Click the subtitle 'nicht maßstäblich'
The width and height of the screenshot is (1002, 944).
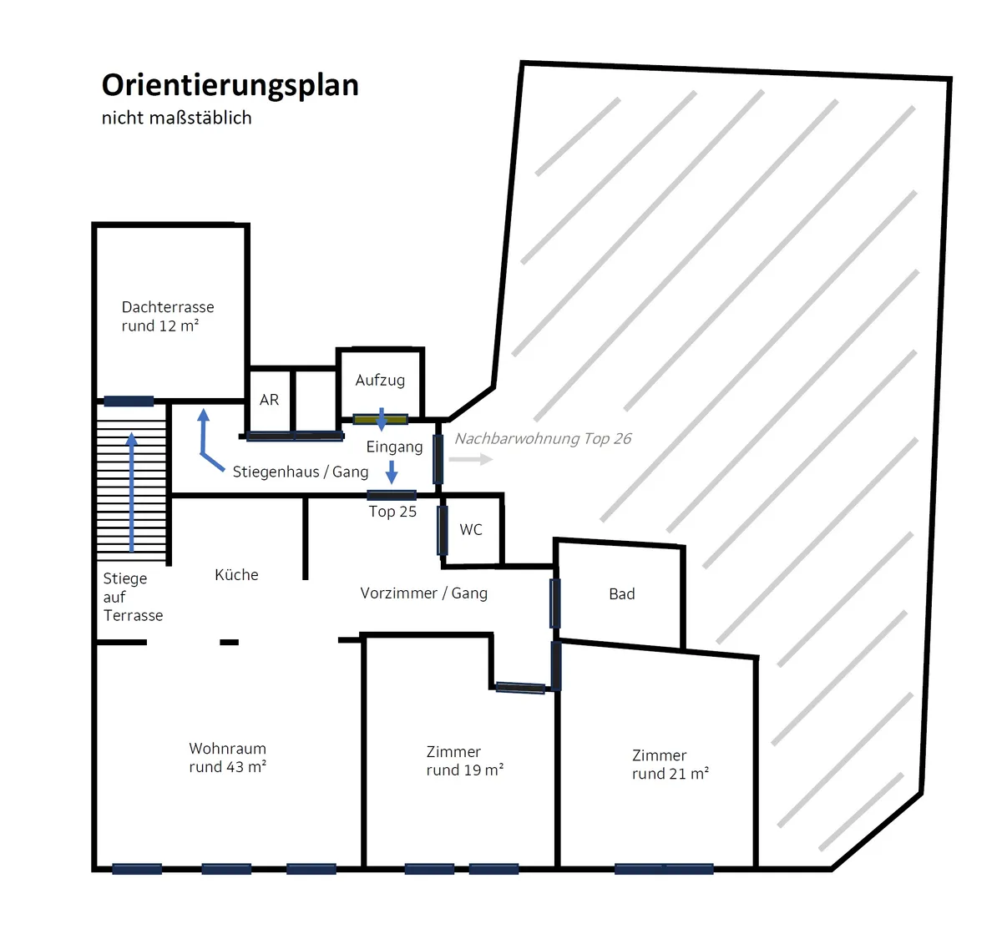(176, 118)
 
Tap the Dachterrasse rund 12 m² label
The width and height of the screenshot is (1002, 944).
(168, 316)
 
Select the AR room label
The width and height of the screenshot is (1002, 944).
(269, 400)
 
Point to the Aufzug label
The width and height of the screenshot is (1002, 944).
(380, 380)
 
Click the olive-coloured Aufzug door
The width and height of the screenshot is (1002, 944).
(381, 419)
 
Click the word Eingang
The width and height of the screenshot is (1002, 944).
(395, 447)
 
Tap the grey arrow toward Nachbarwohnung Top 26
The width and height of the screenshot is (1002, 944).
(471, 459)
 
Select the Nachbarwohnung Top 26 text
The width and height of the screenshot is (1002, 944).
(543, 439)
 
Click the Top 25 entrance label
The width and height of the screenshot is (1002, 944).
(392, 512)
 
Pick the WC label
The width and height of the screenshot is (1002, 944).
(471, 530)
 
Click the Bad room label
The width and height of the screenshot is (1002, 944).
(621, 593)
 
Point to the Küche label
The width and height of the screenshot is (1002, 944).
(236, 575)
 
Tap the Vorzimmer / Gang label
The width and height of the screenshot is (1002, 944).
(424, 593)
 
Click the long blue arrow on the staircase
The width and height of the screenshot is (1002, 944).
(132, 492)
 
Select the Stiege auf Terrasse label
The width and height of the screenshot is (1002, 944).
(134, 597)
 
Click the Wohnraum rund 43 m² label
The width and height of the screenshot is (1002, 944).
(228, 757)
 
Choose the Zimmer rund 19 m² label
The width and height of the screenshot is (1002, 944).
(464, 761)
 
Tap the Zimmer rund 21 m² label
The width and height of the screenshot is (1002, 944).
(671, 765)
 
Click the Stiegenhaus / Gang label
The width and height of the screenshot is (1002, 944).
(301, 472)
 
